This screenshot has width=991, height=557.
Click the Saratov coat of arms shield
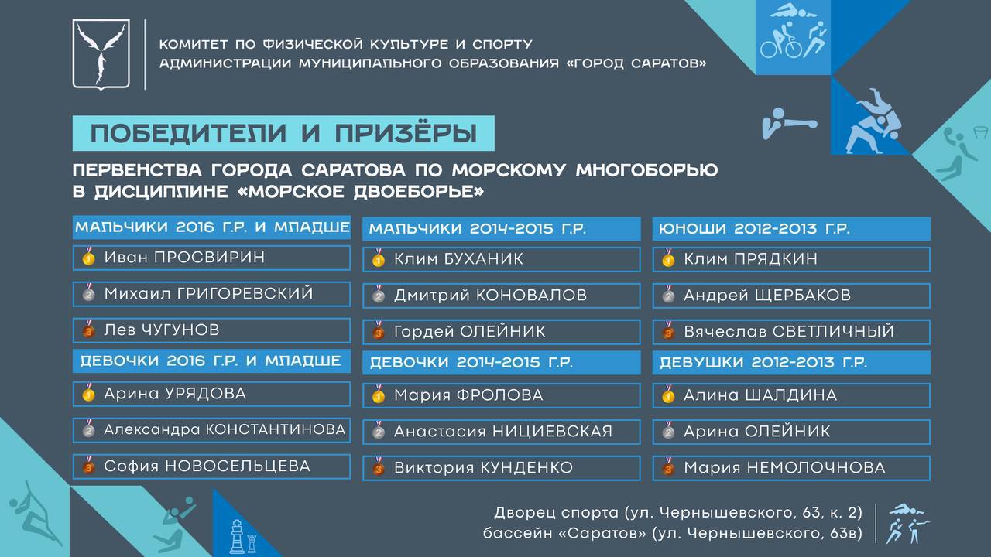(101, 54)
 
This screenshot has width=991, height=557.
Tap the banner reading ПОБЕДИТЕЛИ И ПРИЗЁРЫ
(283, 133)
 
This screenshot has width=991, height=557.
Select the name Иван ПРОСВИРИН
(184, 258)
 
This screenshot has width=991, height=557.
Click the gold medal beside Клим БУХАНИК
(379, 258)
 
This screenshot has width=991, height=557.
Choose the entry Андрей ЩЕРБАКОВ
(767, 295)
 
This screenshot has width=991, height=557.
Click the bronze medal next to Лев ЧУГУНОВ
(88, 329)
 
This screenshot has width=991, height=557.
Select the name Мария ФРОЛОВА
(468, 395)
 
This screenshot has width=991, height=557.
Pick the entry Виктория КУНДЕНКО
(484, 468)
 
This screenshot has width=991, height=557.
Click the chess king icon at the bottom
(237, 536)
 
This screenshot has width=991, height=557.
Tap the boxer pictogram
(789, 123)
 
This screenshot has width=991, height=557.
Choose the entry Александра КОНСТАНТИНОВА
(225, 429)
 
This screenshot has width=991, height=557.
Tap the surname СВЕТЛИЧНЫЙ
(833, 331)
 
